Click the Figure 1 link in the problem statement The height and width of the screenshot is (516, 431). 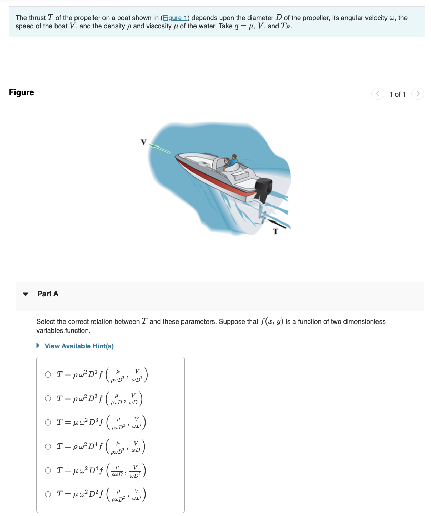pos(175,18)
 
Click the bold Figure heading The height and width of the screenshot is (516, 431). pos(21,92)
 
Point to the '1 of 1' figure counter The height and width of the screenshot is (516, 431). pos(397,94)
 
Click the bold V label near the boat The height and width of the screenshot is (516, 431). pos(144,142)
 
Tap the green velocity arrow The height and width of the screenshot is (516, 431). pos(160,149)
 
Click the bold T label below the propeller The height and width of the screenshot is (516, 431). pos(275,231)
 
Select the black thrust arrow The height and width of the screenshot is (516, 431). pos(277,223)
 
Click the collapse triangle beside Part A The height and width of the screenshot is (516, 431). pos(25,294)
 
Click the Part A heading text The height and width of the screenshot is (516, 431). pos(48,294)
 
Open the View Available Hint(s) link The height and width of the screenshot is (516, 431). pos(79,346)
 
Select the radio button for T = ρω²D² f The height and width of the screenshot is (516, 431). pos(48,375)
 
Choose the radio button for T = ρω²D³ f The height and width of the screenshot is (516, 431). pos(48,398)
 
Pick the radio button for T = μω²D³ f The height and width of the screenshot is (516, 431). pos(48,423)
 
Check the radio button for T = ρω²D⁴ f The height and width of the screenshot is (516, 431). pos(48,446)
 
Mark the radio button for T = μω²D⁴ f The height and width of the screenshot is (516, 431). pos(48,470)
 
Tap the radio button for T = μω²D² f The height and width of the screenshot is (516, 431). pos(48,494)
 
